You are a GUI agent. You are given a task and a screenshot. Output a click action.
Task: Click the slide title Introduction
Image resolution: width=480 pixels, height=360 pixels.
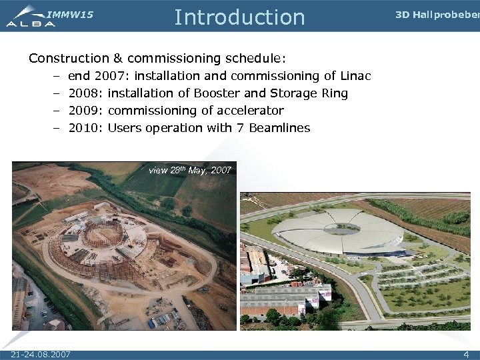pos(239,17)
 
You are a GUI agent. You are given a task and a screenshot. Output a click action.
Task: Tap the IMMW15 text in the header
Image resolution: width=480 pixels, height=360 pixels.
pos(69,14)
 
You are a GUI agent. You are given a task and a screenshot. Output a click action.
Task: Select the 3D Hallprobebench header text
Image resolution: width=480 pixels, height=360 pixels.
pos(437,15)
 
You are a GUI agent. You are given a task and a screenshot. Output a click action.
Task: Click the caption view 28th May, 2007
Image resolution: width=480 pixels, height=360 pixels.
pos(190,171)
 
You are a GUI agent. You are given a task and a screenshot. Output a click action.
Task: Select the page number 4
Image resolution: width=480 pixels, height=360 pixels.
pos(466,353)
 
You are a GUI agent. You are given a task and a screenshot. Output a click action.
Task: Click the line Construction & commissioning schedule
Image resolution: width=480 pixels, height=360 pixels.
pos(157,59)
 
